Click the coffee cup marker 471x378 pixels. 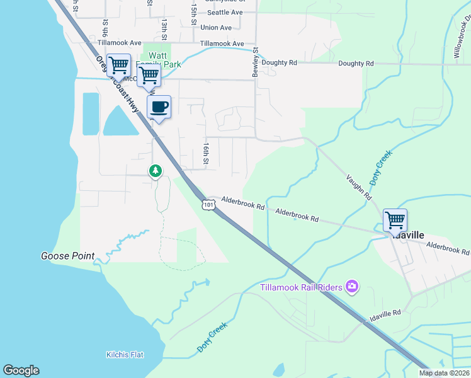click(x=159, y=107)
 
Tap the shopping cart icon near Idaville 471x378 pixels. click(x=395, y=220)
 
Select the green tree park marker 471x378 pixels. click(x=155, y=171)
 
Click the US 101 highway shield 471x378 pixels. click(x=208, y=204)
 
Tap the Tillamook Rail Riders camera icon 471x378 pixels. click(x=351, y=287)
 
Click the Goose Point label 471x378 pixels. click(x=67, y=256)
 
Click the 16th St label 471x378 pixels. click(x=206, y=154)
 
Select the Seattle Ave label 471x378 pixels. click(x=225, y=12)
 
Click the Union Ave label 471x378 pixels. click(x=216, y=28)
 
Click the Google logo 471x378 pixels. click(x=21, y=370)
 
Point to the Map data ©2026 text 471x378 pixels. click(x=445, y=373)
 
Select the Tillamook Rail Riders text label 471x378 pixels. click(x=302, y=287)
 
